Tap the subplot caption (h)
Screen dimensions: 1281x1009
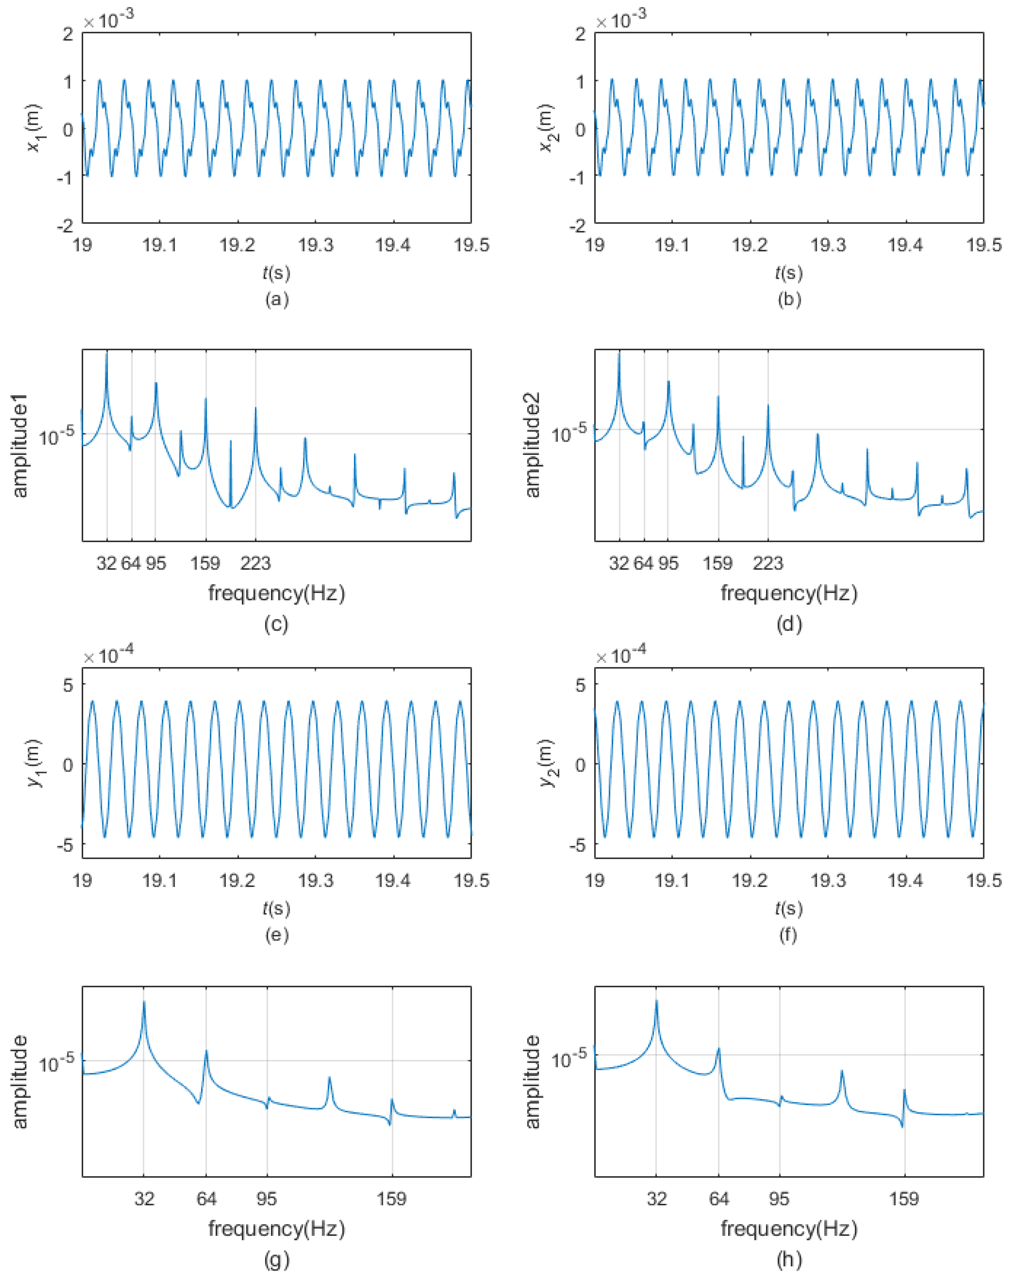pos(789,1260)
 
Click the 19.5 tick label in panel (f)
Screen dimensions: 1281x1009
pos(983,881)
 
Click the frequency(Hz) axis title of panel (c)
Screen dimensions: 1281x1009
pos(277,593)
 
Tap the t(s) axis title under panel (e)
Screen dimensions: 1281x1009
pos(277,908)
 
